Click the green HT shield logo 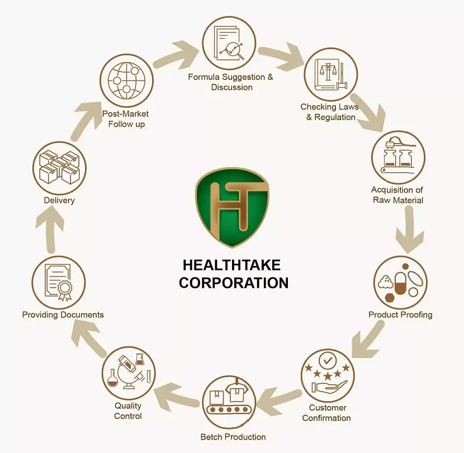[231, 207]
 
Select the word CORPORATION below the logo [234, 283]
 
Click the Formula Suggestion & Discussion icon [229, 44]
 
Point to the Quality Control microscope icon [129, 373]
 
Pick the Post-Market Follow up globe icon [126, 82]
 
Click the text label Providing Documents [63, 314]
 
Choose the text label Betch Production [233, 436]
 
